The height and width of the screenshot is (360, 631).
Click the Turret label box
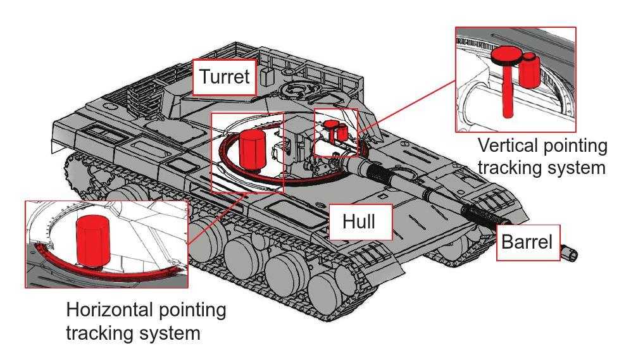tap(225, 77)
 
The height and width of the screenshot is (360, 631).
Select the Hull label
tap(359, 222)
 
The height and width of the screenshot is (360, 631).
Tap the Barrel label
tap(526, 242)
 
